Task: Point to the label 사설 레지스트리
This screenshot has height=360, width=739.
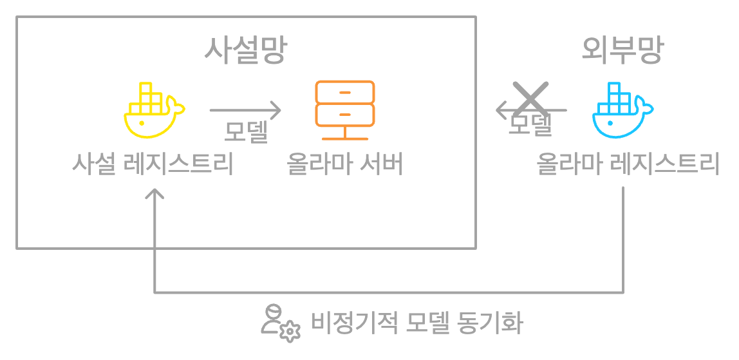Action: point(153,165)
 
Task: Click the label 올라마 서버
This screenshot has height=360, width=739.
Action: point(345,165)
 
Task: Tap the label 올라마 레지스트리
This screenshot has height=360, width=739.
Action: point(628,165)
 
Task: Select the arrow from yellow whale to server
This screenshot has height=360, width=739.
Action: point(245,111)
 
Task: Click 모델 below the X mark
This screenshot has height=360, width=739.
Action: point(531,124)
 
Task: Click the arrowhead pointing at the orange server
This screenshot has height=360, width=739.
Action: point(277,111)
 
